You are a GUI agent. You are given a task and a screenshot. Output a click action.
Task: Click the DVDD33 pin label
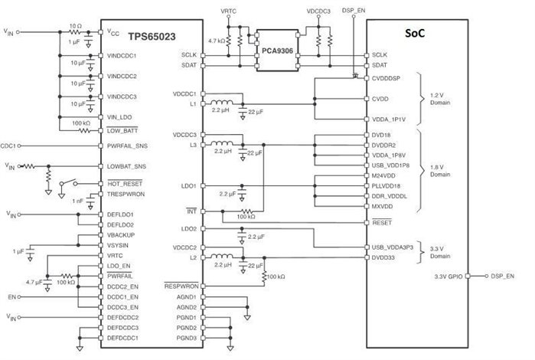[384, 257]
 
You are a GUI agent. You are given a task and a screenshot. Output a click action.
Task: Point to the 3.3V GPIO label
[449, 275]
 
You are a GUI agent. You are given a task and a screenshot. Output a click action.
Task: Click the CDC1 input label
[9, 145]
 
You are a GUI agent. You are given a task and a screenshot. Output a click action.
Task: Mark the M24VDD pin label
[383, 174]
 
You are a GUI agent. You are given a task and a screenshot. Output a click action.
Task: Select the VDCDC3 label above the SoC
[318, 12]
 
